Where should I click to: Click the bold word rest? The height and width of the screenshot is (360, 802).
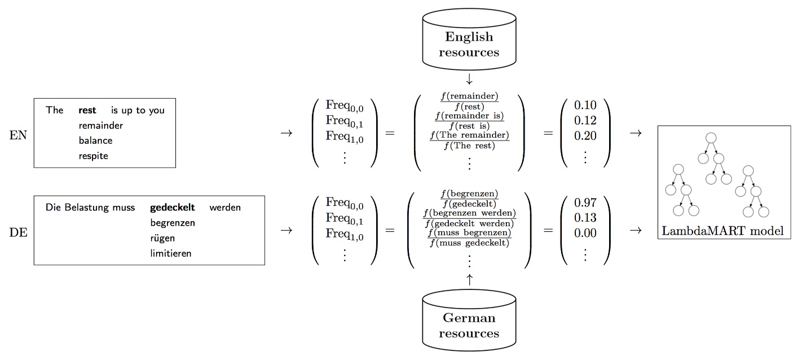(x=87, y=110)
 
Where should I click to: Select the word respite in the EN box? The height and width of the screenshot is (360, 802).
(x=94, y=156)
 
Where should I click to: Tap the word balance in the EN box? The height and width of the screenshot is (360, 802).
(x=95, y=141)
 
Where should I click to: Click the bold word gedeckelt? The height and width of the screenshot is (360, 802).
(x=172, y=207)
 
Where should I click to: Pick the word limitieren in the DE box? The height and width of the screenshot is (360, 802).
(x=170, y=253)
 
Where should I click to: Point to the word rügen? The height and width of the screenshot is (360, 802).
(x=162, y=238)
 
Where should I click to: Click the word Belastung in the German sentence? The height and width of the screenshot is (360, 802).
(x=87, y=207)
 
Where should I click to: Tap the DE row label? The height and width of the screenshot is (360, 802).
(x=18, y=231)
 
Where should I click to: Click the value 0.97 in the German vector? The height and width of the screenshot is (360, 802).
(x=585, y=203)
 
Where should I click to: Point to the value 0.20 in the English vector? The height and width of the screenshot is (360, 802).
(x=585, y=135)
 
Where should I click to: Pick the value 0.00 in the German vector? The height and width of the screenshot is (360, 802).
(x=585, y=233)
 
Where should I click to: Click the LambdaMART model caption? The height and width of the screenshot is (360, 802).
(x=724, y=231)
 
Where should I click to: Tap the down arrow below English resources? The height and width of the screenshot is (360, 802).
(x=469, y=79)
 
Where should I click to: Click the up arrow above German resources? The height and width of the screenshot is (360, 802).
(x=469, y=279)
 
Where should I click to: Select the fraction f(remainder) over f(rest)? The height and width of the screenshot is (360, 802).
(x=469, y=101)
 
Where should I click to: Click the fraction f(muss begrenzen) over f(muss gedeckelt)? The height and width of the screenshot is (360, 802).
(x=469, y=238)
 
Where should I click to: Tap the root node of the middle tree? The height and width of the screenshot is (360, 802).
(x=711, y=137)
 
